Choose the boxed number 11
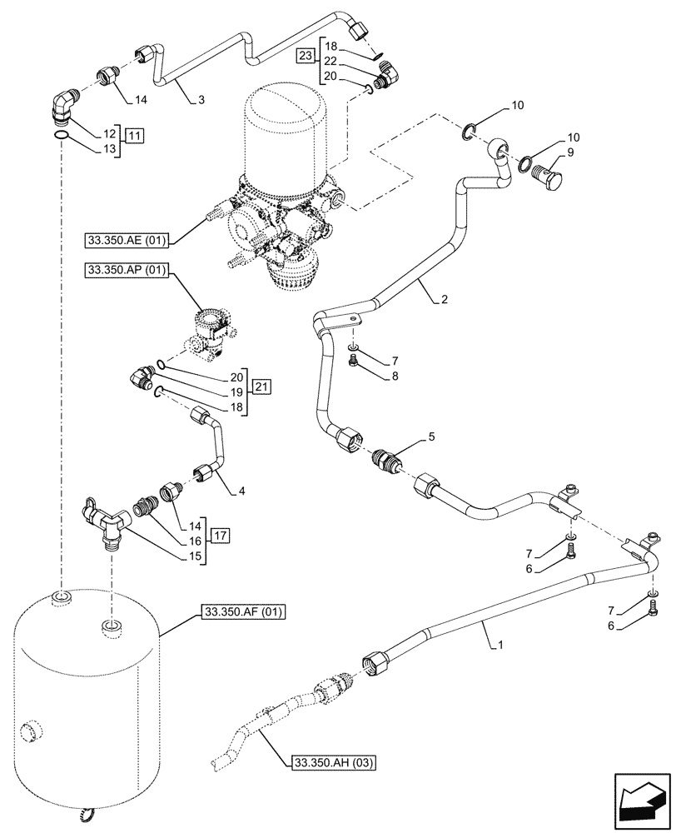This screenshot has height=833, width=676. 135,134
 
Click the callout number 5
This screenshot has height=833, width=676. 430,436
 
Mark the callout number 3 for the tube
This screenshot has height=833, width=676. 201,100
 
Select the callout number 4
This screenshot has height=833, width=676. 241,491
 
